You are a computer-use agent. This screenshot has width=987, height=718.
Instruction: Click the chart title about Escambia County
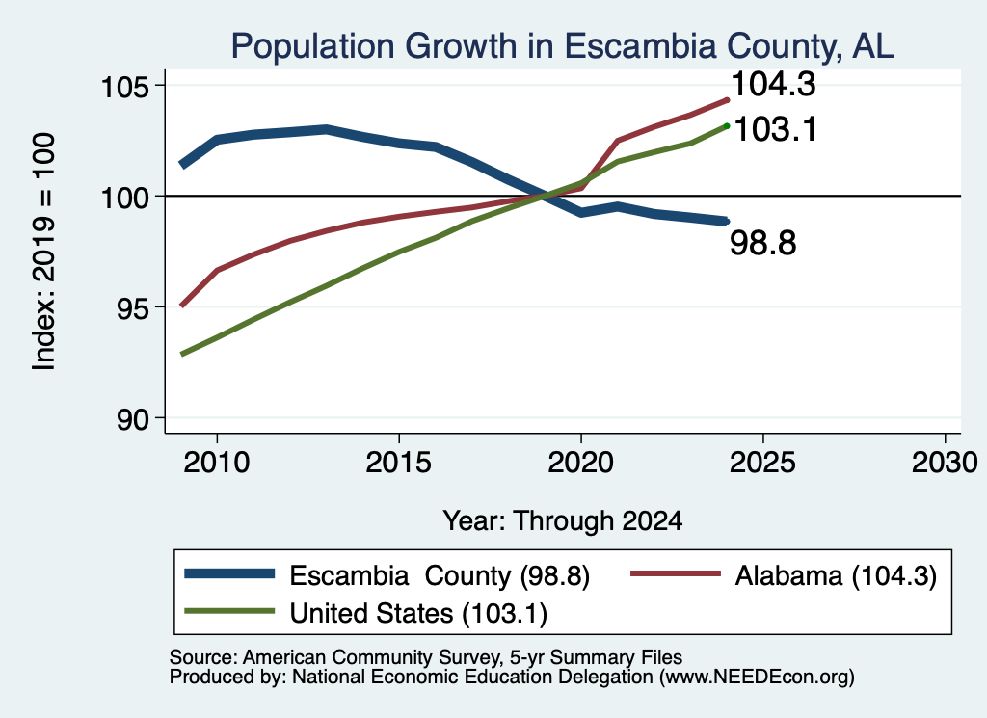[x=562, y=46]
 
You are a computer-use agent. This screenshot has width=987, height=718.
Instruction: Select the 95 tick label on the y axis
[x=132, y=307]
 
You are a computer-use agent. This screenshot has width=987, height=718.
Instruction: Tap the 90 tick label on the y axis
[x=132, y=419]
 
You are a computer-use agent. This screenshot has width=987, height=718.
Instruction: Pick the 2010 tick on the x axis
[x=217, y=463]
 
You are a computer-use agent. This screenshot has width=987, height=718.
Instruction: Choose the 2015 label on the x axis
[x=398, y=463]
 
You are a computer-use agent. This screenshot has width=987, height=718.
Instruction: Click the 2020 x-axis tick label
[x=580, y=463]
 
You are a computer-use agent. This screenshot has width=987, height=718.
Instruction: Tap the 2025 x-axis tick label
[x=762, y=463]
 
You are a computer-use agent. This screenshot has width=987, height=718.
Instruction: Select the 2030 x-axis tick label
[x=945, y=463]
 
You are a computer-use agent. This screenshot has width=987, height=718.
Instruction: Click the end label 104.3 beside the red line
[x=774, y=84]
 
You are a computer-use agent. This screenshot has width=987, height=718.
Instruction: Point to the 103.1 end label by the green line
[x=776, y=129]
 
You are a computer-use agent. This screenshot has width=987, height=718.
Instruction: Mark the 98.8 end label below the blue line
[x=763, y=243]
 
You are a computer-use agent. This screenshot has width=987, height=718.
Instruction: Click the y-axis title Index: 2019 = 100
[x=44, y=252]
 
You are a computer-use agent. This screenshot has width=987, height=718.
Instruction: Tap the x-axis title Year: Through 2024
[x=563, y=521]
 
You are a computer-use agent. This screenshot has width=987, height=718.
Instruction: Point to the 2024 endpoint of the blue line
[x=727, y=222]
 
